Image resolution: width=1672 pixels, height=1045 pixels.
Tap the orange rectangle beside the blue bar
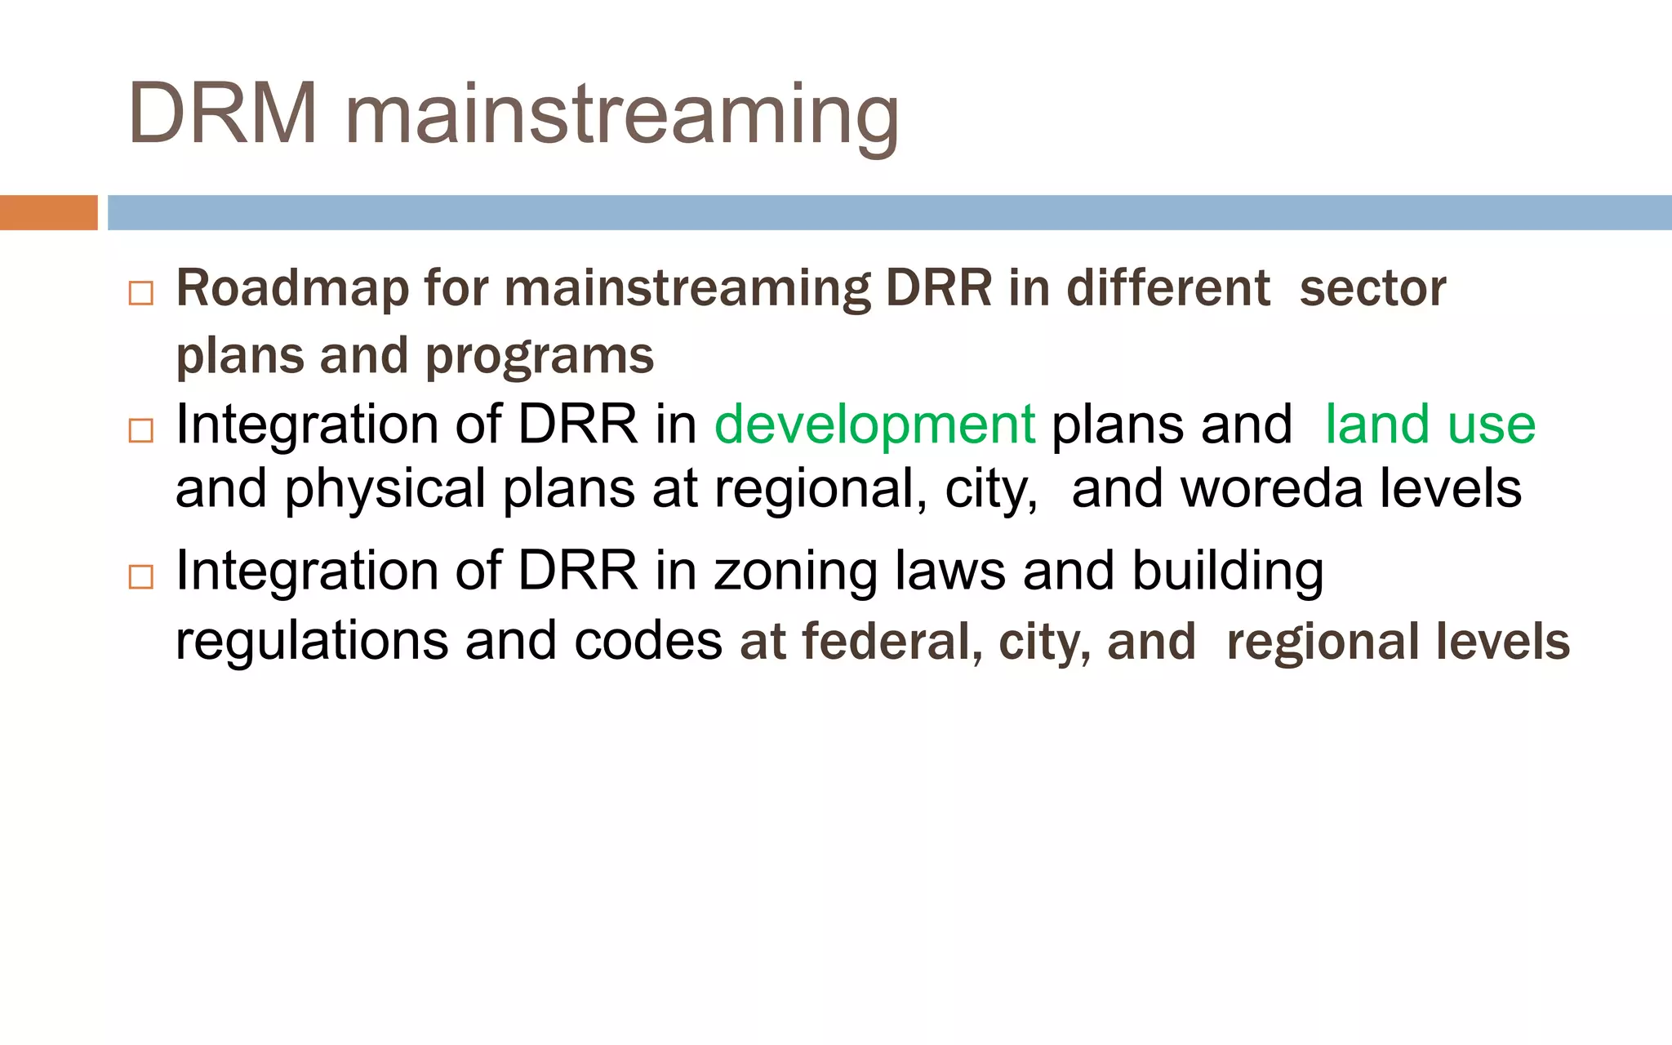point(48,213)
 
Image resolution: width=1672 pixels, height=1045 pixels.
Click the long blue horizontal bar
point(888,213)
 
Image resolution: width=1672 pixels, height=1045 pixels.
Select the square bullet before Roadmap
point(141,293)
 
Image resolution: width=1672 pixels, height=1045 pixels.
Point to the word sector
point(1372,289)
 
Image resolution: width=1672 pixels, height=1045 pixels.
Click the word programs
point(539,357)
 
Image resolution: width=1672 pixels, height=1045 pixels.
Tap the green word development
point(874,425)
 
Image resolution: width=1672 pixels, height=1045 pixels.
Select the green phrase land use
point(1430,425)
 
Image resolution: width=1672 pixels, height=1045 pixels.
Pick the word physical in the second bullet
point(385,490)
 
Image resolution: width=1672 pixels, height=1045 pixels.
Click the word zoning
point(795,571)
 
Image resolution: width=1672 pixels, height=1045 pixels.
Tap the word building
point(1227,571)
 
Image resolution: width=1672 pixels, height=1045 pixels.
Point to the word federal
point(892,641)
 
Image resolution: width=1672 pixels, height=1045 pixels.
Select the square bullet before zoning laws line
point(141,576)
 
